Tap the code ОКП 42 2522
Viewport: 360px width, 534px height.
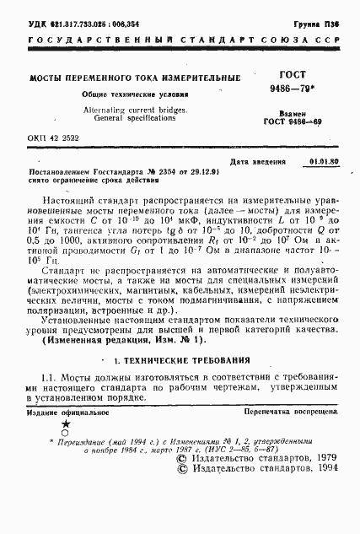pos(56,137)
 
